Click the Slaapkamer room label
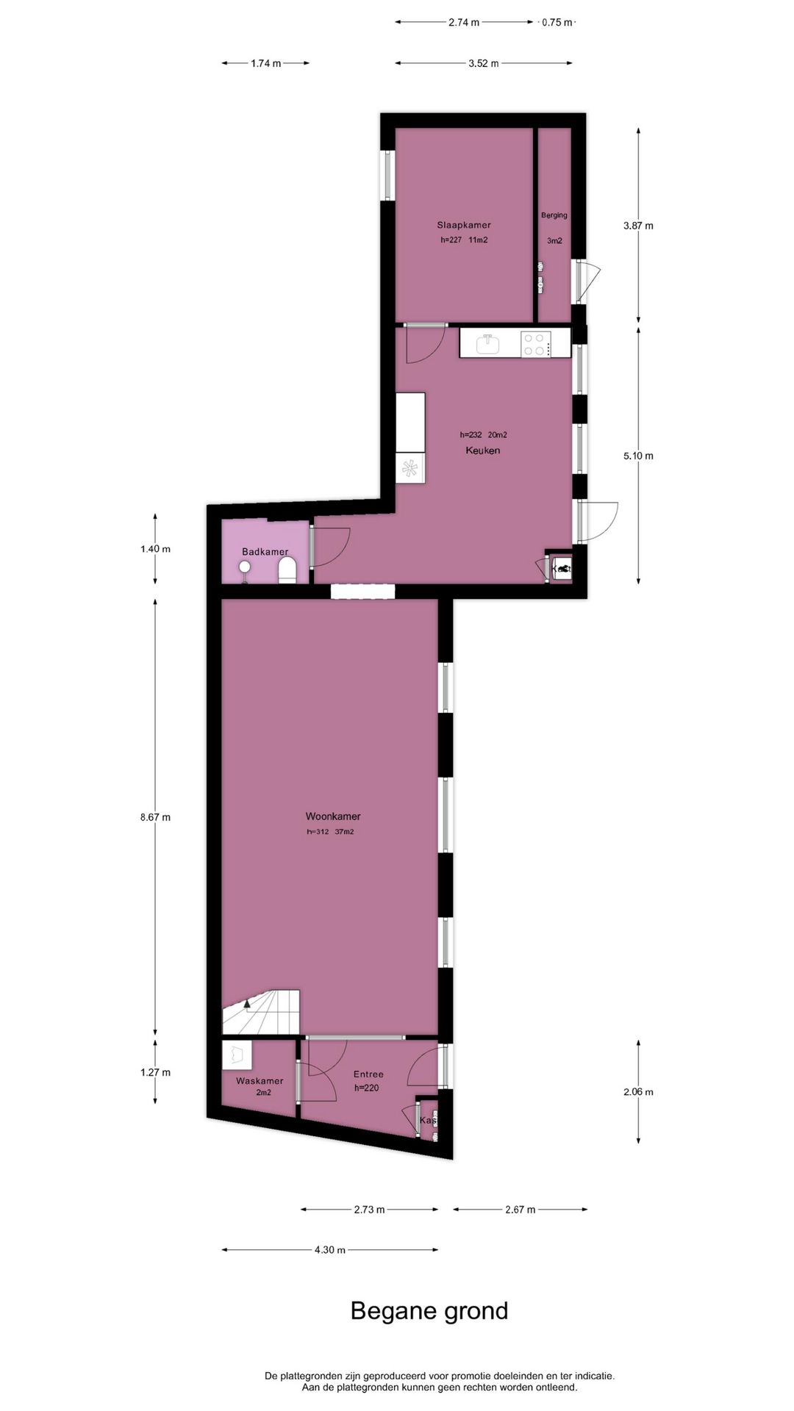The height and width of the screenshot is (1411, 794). click(x=463, y=225)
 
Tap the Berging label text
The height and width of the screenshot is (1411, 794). click(x=554, y=215)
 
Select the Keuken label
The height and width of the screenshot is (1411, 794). click(x=482, y=450)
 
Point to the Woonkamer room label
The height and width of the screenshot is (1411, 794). click(x=333, y=816)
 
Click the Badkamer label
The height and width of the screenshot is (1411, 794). click(x=265, y=552)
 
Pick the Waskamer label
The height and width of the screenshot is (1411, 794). click(x=260, y=1081)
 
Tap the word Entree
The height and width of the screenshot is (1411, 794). click(x=368, y=1074)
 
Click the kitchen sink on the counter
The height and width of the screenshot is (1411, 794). click(x=487, y=343)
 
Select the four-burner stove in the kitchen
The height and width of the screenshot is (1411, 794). click(x=535, y=344)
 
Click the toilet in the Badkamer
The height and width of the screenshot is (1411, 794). click(x=287, y=570)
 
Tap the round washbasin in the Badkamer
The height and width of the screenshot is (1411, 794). click(x=245, y=567)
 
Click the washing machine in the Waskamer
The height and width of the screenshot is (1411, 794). click(x=236, y=1055)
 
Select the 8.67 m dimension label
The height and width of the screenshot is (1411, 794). click(x=155, y=816)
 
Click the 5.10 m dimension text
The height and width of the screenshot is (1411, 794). click(x=638, y=456)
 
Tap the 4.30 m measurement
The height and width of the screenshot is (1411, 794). click(x=330, y=1249)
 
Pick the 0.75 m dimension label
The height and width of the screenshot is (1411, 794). click(x=557, y=22)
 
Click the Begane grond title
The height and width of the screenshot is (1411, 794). click(x=429, y=1311)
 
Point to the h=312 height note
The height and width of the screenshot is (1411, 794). click(x=318, y=832)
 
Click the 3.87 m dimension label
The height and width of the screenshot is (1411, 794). click(x=638, y=226)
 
